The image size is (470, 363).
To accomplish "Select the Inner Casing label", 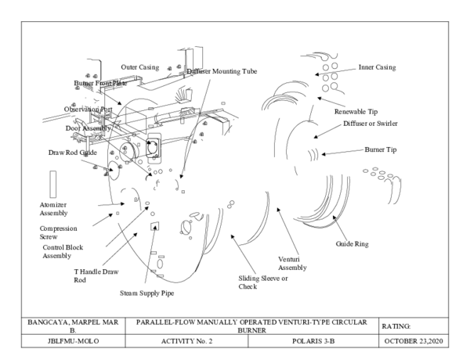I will tap(377, 67).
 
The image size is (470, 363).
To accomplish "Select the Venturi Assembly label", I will tap(294, 263).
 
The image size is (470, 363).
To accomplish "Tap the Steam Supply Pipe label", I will tap(146, 293).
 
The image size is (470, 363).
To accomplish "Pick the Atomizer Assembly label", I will tap(54, 208).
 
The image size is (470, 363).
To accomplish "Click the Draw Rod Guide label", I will tap(72, 153).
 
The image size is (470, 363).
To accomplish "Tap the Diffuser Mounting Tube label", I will tap(221, 71).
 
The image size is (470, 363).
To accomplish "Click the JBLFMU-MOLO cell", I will tap(72, 342).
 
